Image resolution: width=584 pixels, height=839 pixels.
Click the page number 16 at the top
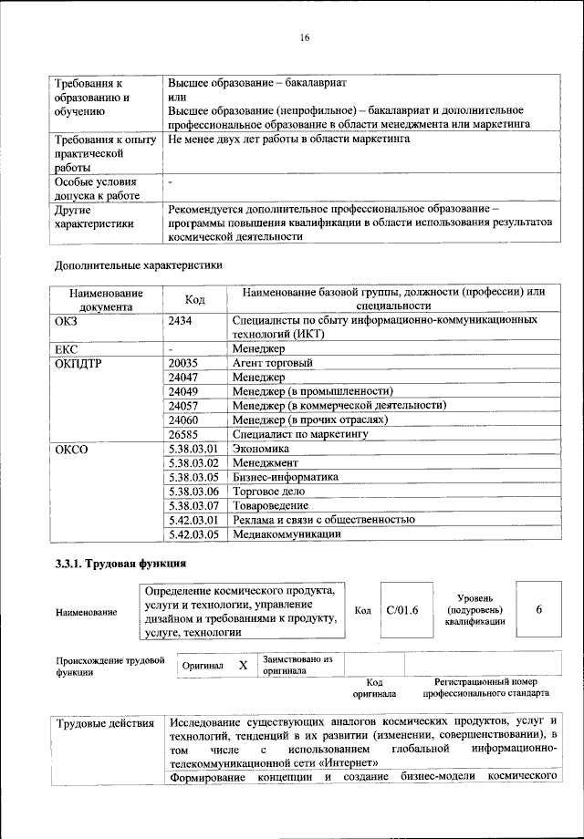[x=305, y=37]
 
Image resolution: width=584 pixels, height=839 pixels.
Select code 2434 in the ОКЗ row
[x=183, y=321]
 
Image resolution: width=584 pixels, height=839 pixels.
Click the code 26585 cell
[x=185, y=434]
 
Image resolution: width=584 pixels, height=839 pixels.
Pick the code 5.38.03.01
[x=194, y=449]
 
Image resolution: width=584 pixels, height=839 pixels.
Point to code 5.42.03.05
[x=194, y=533]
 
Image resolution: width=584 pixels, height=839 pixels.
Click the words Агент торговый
[x=273, y=363]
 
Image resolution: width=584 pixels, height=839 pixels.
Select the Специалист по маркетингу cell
[x=299, y=434]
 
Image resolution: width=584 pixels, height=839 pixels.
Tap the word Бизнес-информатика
[x=286, y=477]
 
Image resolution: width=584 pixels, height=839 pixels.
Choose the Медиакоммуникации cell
[x=287, y=533]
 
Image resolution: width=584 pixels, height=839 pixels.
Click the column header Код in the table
[x=195, y=299]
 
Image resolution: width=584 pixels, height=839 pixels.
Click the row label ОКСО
[x=72, y=449]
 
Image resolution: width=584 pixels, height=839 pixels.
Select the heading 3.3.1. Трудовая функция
[x=121, y=564]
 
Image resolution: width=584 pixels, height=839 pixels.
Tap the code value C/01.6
[x=401, y=610]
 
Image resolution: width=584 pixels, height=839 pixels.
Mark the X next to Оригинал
[x=243, y=666]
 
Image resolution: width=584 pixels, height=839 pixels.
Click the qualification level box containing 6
[x=538, y=609]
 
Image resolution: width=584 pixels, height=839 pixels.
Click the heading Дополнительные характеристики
[x=139, y=265]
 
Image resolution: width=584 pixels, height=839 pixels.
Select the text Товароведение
[x=270, y=505]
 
